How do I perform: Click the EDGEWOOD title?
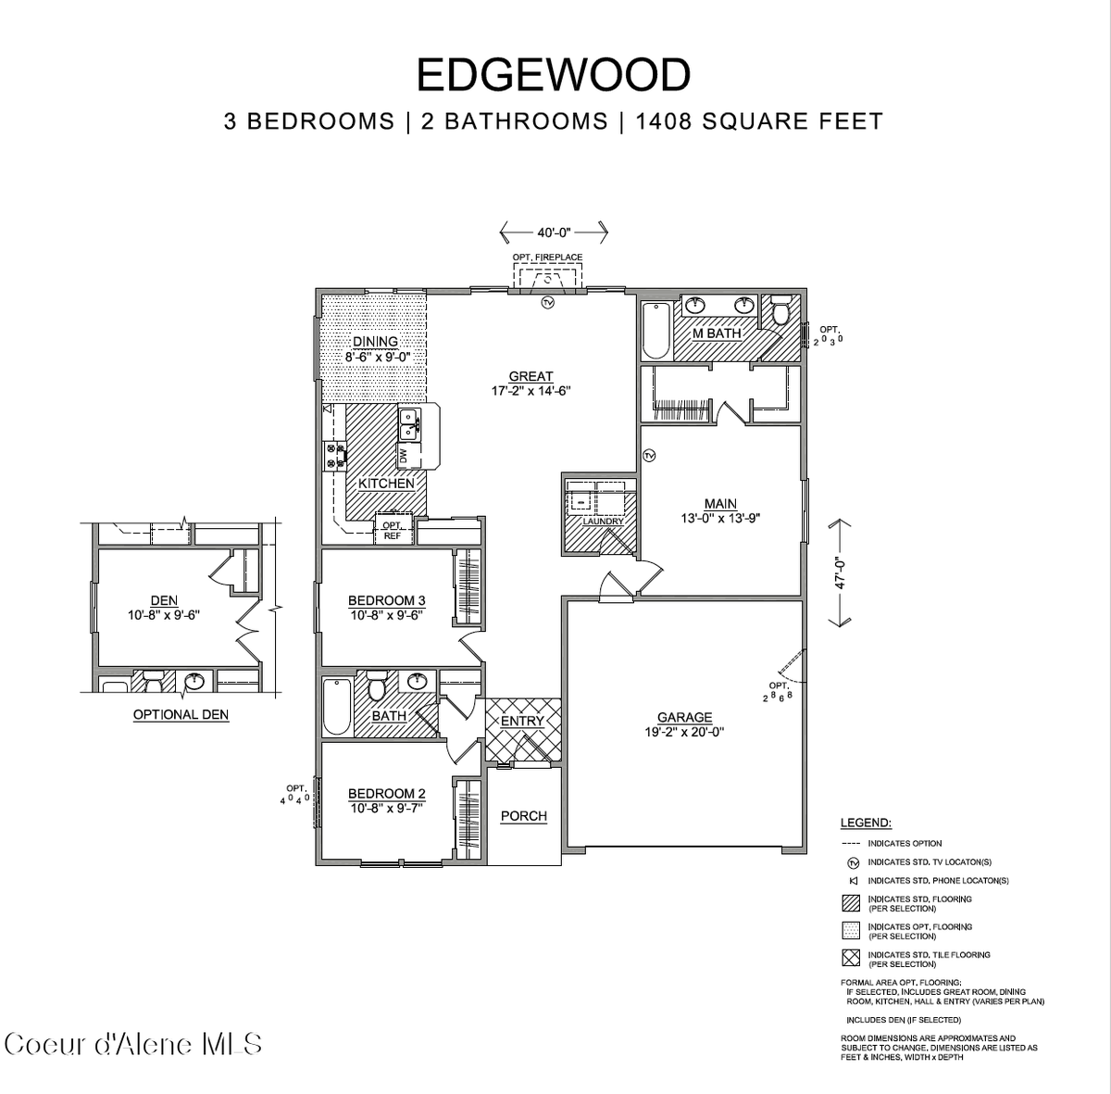(x=554, y=75)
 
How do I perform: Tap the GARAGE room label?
(x=684, y=717)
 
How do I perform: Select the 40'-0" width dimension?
(x=554, y=232)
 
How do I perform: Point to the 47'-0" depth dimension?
(x=841, y=572)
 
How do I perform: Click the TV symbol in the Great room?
(x=547, y=303)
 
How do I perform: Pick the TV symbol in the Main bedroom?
(x=649, y=455)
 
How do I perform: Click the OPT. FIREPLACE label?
(x=547, y=257)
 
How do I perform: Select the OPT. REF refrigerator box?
(x=392, y=531)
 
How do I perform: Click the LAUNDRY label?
(x=603, y=522)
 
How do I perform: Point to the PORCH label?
(x=523, y=816)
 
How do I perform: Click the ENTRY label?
(x=522, y=721)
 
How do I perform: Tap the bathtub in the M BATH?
(x=655, y=329)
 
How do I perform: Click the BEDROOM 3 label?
(x=386, y=600)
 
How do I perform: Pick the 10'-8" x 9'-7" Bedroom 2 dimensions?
(x=386, y=808)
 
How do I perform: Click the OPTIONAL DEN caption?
(x=181, y=714)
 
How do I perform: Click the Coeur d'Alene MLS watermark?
(x=133, y=1044)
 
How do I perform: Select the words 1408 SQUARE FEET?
(x=759, y=121)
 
